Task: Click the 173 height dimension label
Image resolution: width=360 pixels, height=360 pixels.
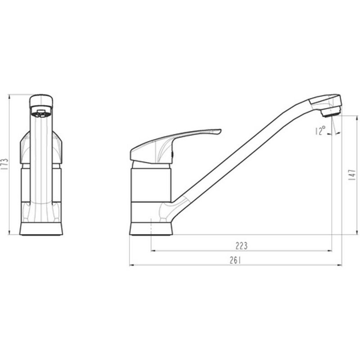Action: pyautogui.click(x=4, y=164)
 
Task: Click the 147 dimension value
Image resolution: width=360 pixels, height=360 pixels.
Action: pyautogui.click(x=352, y=175)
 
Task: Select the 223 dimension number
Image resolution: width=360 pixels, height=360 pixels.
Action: pyautogui.click(x=242, y=246)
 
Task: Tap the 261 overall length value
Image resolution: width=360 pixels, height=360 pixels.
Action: pyautogui.click(x=235, y=260)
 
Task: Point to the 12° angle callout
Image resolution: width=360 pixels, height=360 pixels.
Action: pyautogui.click(x=320, y=130)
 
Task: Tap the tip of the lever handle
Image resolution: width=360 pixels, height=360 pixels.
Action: pyautogui.click(x=221, y=130)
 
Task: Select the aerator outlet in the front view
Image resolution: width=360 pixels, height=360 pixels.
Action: pyautogui.click(x=41, y=112)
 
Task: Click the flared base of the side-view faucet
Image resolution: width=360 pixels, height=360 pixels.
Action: pyautogui.click(x=151, y=229)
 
